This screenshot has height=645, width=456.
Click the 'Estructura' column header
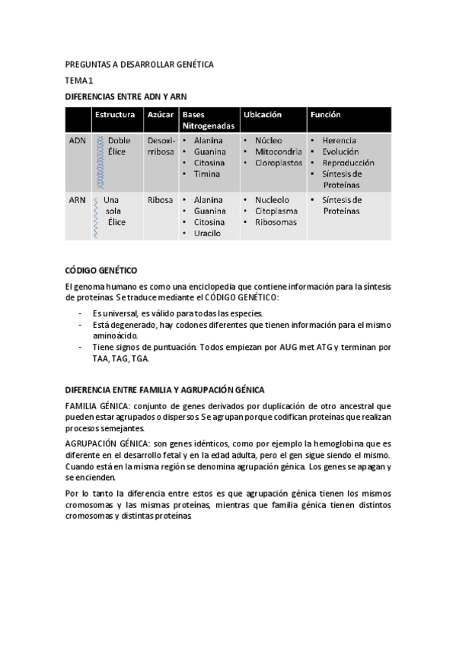coord(114,115)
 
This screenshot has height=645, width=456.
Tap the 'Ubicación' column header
coord(262,115)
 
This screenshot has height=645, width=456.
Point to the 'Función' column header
coord(325,115)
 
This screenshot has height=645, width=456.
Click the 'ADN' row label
coord(77,141)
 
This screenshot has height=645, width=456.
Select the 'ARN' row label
coord(77,200)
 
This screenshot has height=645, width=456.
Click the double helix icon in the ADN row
coord(99,161)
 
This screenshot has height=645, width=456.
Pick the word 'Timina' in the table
coord(207,174)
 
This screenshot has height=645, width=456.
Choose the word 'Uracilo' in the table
coord(207,234)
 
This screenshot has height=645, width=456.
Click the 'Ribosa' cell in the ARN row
coord(160,200)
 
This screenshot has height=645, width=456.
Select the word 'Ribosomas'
coord(276,222)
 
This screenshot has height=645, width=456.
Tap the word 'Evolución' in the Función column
coord(343,151)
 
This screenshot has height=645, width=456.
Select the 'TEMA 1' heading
coord(79,81)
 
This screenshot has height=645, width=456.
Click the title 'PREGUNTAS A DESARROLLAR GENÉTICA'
coord(139,65)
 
